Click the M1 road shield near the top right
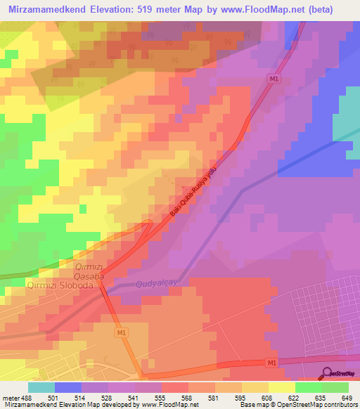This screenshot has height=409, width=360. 274,79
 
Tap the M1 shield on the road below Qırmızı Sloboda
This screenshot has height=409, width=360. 122,332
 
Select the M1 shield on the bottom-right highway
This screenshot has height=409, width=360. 272,363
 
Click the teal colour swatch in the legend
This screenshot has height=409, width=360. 41,387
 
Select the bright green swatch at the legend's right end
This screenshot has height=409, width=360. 335,387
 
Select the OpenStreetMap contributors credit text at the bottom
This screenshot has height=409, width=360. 314,404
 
